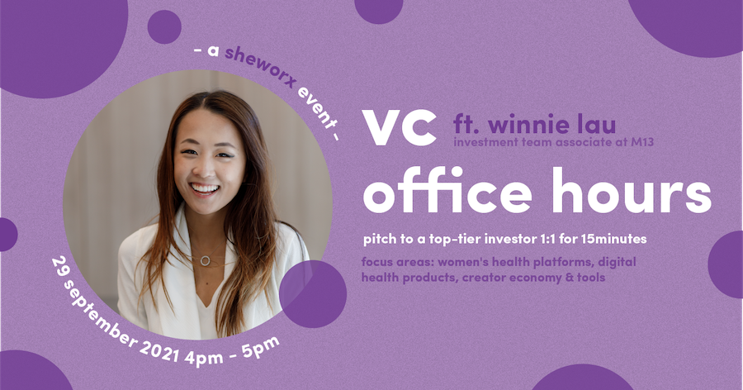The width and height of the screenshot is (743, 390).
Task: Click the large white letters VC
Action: (x=400, y=127)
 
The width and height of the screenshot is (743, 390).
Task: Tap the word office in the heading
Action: (x=447, y=190)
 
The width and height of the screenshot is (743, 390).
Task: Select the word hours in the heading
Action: (x=632, y=190)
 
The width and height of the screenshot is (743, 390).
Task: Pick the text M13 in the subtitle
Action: (x=642, y=142)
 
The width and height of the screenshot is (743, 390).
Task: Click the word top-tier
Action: (x=457, y=239)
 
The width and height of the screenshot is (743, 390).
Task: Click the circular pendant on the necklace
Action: (x=206, y=260)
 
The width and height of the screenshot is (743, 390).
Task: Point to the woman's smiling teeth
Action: (x=205, y=188)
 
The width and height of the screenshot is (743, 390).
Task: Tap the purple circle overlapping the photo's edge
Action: (x=313, y=294)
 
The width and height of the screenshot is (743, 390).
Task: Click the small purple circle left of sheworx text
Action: (x=164, y=27)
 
